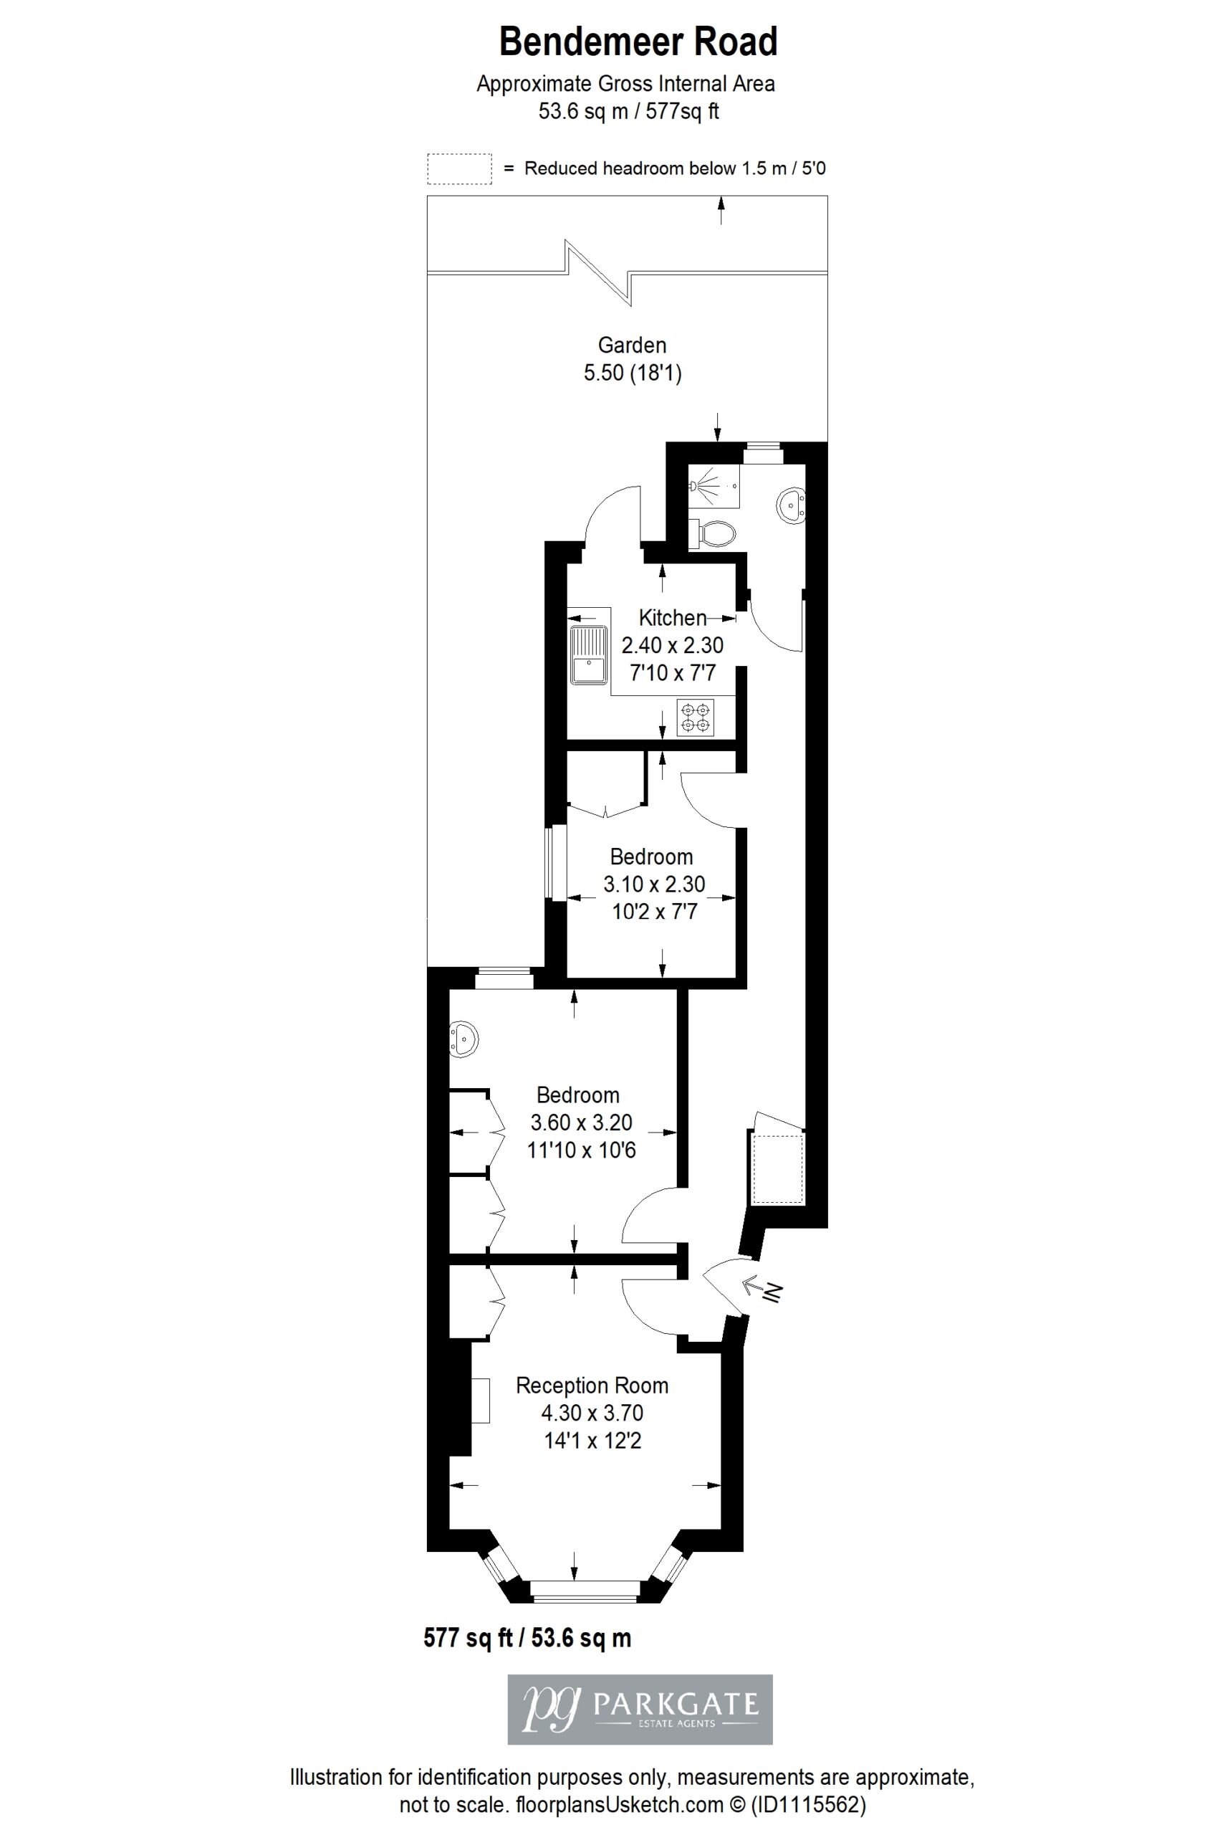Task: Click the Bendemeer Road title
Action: click(x=638, y=42)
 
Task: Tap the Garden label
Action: click(x=632, y=345)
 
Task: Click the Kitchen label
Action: click(x=673, y=617)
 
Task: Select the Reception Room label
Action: click(x=592, y=1386)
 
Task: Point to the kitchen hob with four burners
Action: click(x=696, y=718)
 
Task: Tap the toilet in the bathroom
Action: click(x=712, y=534)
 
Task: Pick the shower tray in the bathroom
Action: click(x=713, y=485)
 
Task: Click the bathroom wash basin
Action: click(x=791, y=505)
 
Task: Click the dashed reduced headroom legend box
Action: click(x=459, y=169)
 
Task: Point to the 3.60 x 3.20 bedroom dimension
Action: click(x=581, y=1123)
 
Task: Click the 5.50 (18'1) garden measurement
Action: click(x=633, y=373)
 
